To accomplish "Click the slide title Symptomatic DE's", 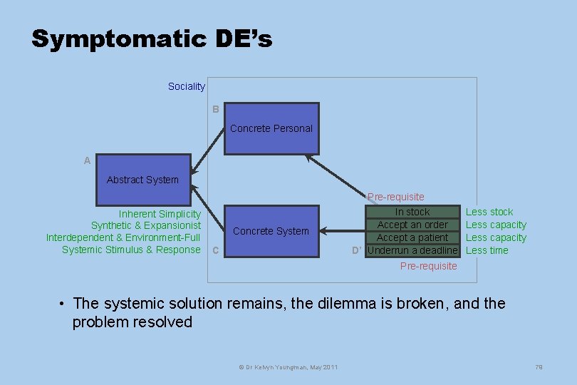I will click(x=152, y=38).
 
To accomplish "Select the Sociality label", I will click(x=186, y=86).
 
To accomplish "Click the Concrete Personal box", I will click(x=271, y=129).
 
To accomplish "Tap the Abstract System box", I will click(x=142, y=180).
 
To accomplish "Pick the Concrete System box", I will click(x=271, y=231).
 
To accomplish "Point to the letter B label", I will click(x=215, y=110).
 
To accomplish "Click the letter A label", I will click(x=87, y=161).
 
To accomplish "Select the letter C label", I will click(x=215, y=251).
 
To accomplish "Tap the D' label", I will click(x=358, y=250).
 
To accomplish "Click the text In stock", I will click(x=412, y=212).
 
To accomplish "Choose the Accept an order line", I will click(x=412, y=225).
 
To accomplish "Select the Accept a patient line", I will click(x=412, y=237).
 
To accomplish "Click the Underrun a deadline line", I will click(x=412, y=250).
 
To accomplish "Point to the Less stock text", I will click(x=489, y=212).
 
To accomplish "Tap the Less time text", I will click(x=487, y=250).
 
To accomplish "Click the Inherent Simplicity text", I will click(x=160, y=214).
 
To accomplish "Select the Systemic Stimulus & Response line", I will click(x=131, y=250).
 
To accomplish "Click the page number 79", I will click(x=539, y=366).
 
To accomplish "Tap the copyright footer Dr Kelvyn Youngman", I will click(x=288, y=366).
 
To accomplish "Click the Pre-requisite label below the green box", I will click(x=428, y=266).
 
